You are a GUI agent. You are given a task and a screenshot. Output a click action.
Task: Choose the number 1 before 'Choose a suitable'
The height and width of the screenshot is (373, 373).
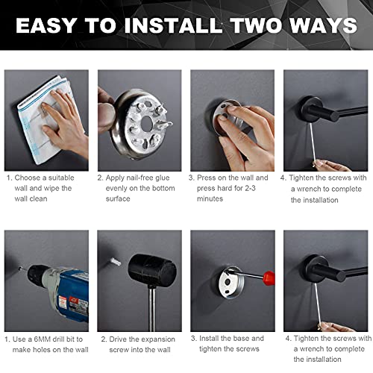tap(9, 178)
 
